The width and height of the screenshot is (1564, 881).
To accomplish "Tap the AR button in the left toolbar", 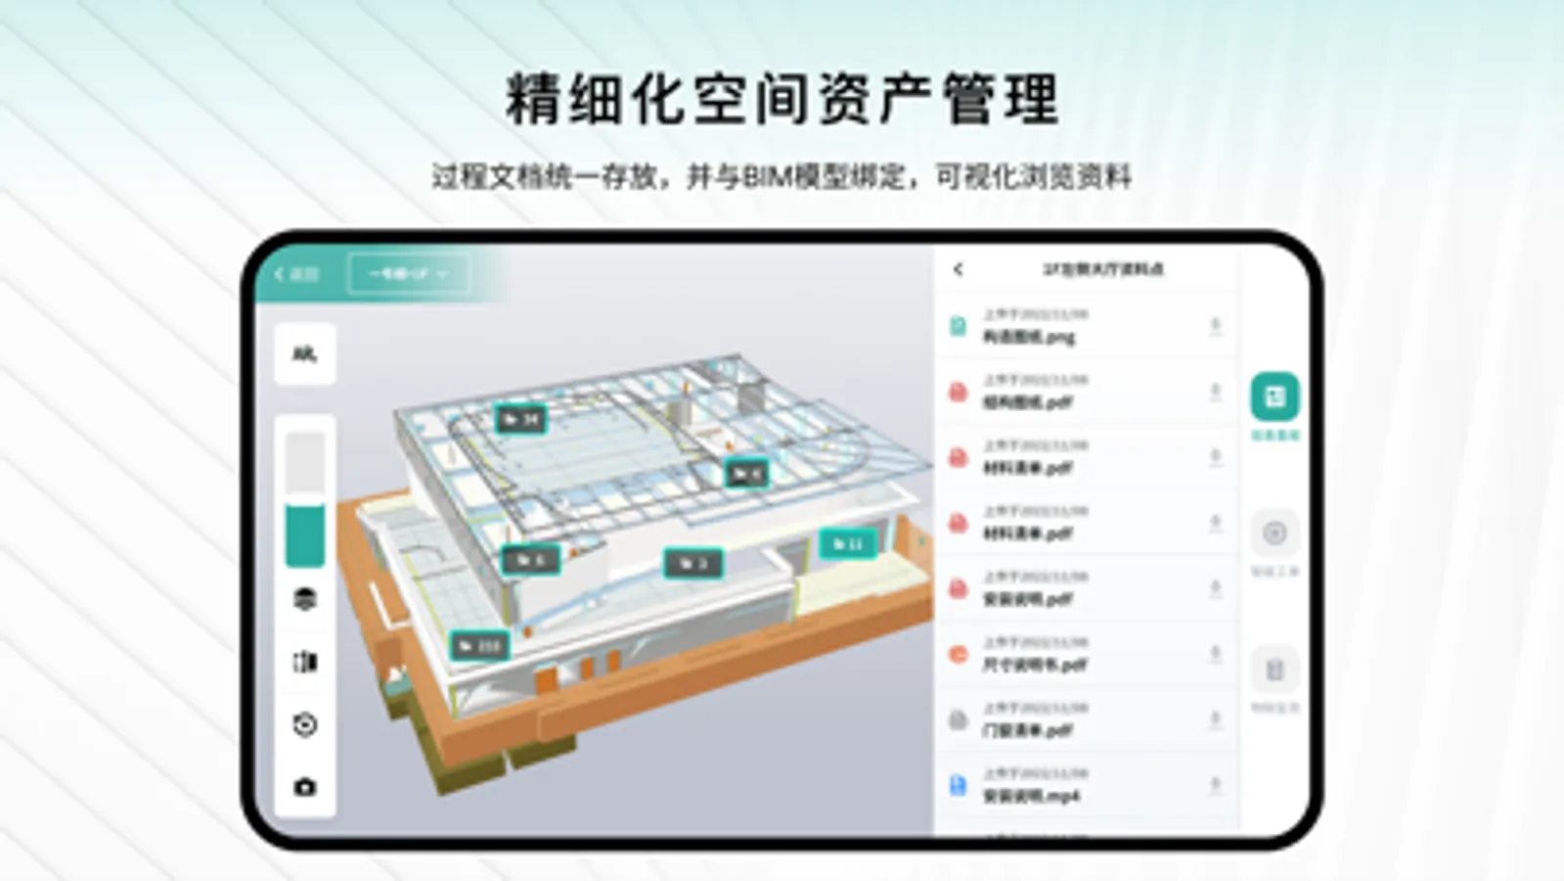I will pos(304,354).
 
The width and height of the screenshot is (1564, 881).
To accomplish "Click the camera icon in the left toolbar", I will pos(304,787).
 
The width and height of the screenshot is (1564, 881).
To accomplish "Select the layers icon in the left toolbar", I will pos(304,598).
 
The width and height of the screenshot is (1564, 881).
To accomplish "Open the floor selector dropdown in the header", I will pos(408,274).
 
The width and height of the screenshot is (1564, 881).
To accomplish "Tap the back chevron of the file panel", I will pos(959,269).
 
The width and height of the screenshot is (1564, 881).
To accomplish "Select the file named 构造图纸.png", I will pos(1028,338).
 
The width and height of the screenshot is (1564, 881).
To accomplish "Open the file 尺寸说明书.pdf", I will pos(1034,665).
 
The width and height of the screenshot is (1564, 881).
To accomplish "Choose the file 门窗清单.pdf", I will pos(1027,730).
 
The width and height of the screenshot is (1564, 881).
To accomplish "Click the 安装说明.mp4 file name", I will pos(1031,796).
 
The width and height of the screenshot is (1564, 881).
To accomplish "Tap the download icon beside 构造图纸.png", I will pos(1215,326).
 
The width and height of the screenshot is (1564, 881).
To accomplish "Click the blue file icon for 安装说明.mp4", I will pos(958,785).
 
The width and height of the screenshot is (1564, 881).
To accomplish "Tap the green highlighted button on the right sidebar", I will pos(1274,396).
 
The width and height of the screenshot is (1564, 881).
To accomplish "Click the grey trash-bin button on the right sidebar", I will pos(1274,671).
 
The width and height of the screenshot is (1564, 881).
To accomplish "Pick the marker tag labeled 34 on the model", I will pos(520,420).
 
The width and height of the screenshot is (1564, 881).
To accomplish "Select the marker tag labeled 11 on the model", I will pos(847,543).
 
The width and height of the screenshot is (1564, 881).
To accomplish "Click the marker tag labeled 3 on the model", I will pos(693,563).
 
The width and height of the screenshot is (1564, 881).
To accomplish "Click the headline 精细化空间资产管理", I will pos(782,99).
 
